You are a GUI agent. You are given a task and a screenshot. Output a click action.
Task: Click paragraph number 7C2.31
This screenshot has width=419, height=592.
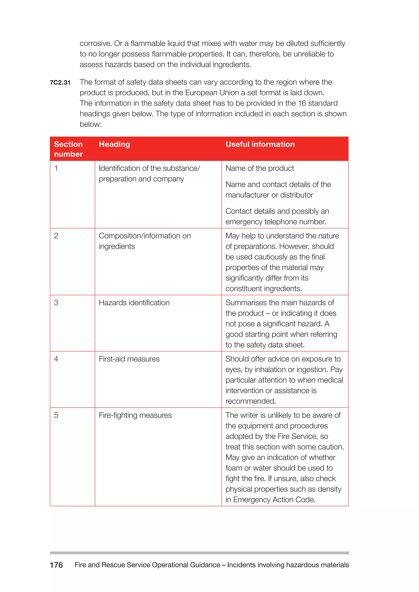[x=60, y=83]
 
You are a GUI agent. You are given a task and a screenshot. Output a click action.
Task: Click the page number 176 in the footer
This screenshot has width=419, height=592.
[x=56, y=565]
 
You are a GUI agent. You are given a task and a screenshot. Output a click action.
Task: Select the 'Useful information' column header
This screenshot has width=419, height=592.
[x=260, y=144]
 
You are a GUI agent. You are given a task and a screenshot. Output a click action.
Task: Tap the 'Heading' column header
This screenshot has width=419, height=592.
[x=114, y=144]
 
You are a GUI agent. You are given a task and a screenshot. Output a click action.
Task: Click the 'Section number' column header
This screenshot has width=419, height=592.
[x=68, y=149]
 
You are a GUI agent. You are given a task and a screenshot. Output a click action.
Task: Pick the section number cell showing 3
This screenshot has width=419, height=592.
[x=56, y=303]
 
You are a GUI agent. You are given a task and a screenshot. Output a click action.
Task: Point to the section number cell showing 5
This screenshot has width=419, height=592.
[x=56, y=415]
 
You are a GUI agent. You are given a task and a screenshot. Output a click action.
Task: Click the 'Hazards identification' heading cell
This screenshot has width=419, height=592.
[x=134, y=303]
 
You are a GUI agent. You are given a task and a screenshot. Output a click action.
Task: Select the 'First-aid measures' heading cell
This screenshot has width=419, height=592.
[x=129, y=359]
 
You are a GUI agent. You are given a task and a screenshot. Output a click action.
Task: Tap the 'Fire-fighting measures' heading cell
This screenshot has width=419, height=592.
[x=135, y=415]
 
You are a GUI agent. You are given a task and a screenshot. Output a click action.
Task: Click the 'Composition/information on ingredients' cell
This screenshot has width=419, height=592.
[x=144, y=241]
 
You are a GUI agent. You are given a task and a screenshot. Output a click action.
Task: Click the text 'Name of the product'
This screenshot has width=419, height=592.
[x=260, y=168]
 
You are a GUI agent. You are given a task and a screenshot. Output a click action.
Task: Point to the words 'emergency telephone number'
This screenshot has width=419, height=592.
[x=275, y=222]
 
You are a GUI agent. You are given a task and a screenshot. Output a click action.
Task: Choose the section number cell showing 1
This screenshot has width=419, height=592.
[x=56, y=168]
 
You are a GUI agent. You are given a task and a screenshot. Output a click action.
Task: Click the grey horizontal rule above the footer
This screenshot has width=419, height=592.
[x=199, y=553]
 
